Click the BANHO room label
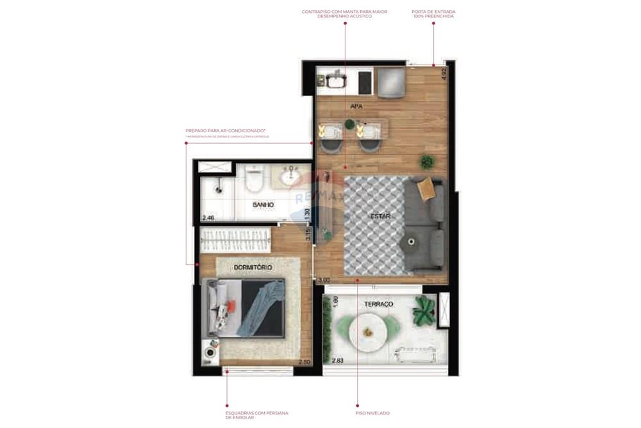[x=263, y=205]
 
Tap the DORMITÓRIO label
[x=253, y=267]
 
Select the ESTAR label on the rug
[x=379, y=216]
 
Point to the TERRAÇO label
[x=378, y=304]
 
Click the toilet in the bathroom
[x=254, y=181]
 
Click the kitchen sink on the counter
[x=335, y=81]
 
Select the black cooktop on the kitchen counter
[x=365, y=81]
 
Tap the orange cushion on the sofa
[x=425, y=189]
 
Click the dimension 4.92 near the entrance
[x=443, y=73]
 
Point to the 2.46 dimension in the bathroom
[x=208, y=218]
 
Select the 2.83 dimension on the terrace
[x=338, y=361]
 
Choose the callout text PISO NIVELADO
[x=372, y=413]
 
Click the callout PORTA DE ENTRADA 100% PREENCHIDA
[x=433, y=13]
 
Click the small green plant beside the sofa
[x=427, y=162]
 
